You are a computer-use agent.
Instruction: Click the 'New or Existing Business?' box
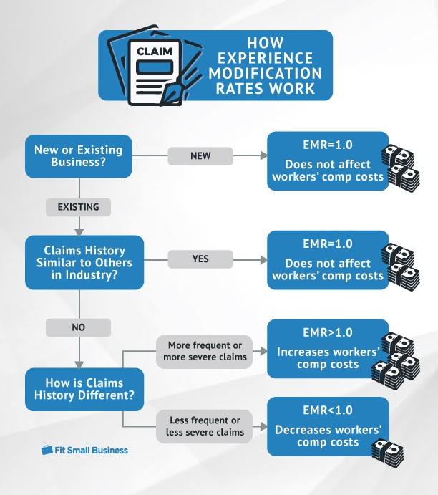[79, 156]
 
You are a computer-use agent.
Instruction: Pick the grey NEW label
[200, 155]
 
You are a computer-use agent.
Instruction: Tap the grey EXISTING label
[78, 207]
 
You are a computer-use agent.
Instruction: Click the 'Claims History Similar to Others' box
[79, 263]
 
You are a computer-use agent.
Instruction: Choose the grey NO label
[78, 327]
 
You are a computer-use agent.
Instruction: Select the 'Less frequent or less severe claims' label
[200, 426]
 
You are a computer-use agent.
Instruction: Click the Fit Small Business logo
[84, 450]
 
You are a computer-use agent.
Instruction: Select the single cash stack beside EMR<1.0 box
[384, 449]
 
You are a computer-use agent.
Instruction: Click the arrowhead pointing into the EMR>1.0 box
[261, 350]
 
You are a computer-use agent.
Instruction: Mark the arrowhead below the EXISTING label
[79, 231]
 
